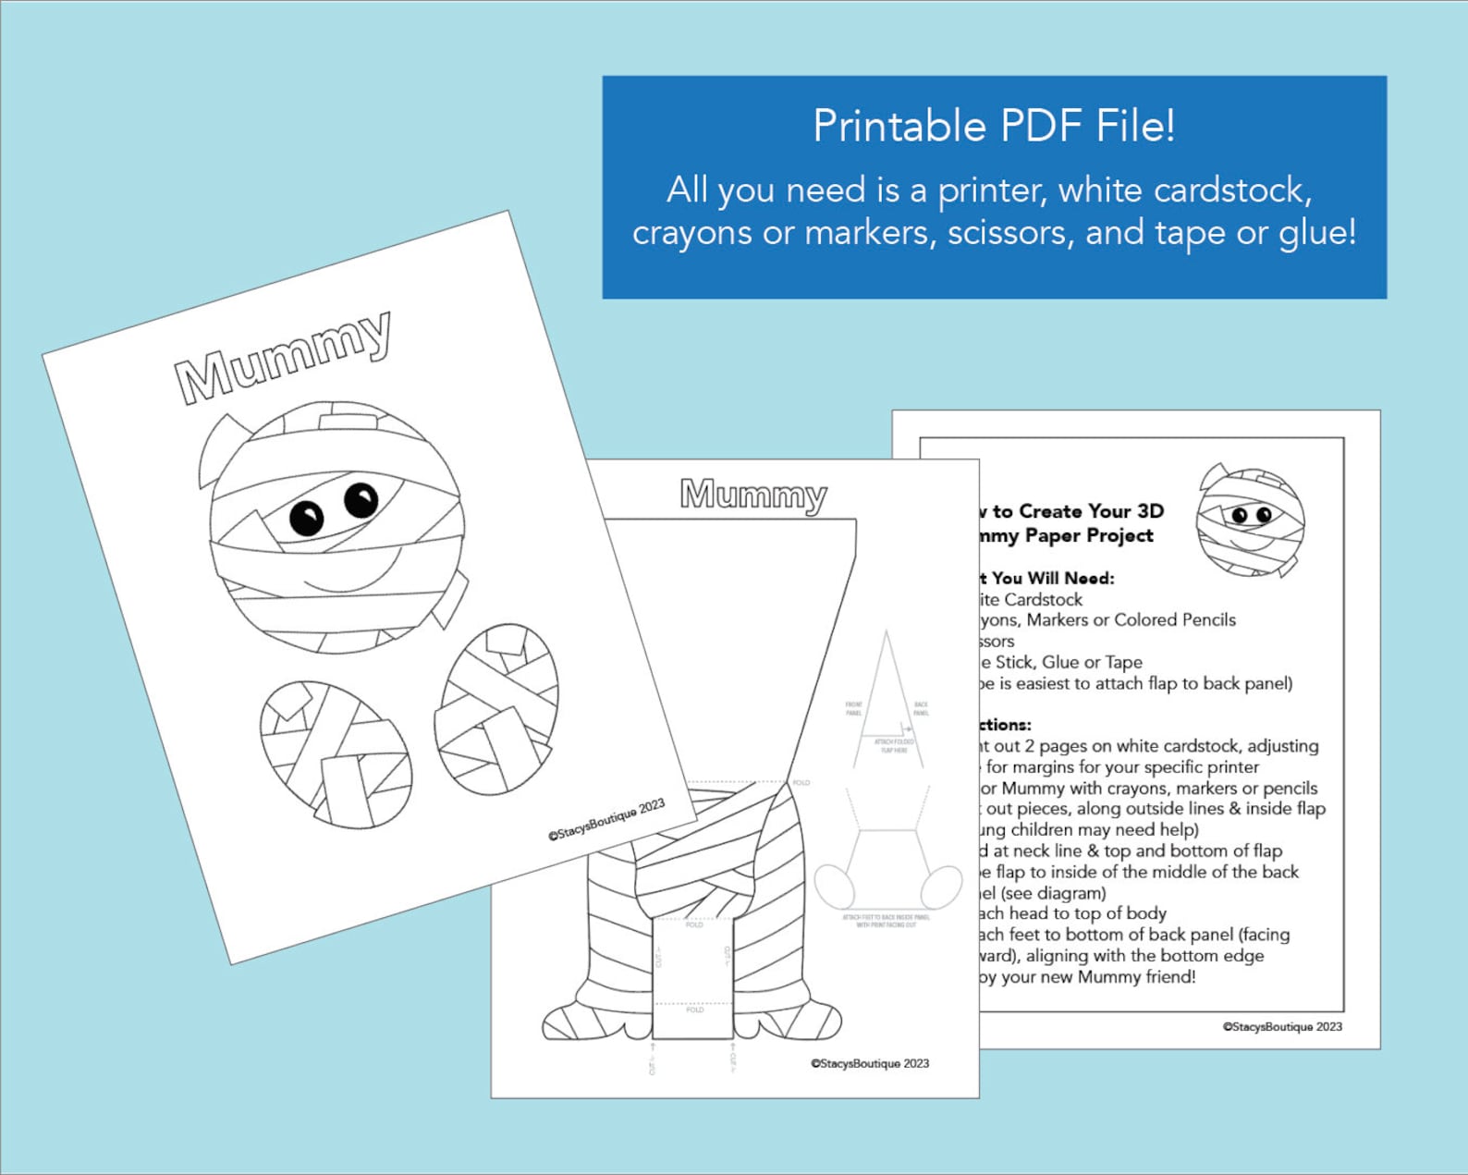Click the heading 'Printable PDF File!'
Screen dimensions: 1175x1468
point(994,127)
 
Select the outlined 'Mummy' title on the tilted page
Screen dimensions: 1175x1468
point(283,358)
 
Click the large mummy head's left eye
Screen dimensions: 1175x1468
point(306,517)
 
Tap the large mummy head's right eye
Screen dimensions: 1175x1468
point(361,499)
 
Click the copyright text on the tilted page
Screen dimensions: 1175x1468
point(606,819)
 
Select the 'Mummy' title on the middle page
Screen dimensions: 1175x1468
point(753,495)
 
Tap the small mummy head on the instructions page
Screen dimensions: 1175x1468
point(1250,520)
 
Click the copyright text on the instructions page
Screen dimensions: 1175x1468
point(1282,1026)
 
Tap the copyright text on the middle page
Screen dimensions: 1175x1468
point(870,1063)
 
